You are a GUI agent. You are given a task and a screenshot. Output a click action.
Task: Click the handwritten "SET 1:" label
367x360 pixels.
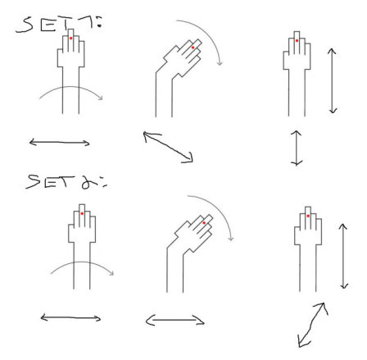point(59,24)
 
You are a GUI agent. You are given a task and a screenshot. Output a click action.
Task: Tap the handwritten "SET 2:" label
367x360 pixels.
point(66,182)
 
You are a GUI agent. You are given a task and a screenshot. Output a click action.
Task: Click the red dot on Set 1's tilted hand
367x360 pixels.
point(193,48)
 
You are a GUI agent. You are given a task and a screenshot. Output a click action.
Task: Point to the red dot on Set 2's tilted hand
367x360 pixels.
point(204,223)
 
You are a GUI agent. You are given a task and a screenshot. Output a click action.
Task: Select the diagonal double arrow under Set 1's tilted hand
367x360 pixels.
point(169,147)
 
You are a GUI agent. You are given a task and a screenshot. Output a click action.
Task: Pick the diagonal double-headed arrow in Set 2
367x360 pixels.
point(313,325)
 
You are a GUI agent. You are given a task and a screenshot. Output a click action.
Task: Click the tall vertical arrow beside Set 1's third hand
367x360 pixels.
point(332,80)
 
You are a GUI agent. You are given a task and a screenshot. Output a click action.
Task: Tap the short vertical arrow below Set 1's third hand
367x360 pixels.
point(297,148)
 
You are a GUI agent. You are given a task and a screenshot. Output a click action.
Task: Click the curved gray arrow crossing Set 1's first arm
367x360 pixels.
point(71,87)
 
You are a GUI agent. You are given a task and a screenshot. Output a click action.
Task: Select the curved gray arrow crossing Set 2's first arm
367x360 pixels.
point(83,262)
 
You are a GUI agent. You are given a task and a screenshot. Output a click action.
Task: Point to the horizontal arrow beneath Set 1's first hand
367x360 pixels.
point(59,143)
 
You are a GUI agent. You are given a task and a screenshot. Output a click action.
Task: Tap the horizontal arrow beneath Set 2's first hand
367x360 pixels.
point(70,318)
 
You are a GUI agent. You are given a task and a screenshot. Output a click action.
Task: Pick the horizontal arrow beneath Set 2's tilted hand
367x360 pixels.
point(175,320)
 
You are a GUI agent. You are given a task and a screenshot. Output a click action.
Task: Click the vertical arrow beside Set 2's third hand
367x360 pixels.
point(343,256)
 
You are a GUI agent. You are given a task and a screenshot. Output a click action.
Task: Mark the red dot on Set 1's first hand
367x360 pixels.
point(71,38)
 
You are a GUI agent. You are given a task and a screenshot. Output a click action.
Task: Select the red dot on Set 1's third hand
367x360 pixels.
point(297,40)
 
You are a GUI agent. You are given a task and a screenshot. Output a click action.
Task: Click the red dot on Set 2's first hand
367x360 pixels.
point(82,213)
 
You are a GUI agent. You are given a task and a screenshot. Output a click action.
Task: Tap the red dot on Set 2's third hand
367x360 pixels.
point(308,216)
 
